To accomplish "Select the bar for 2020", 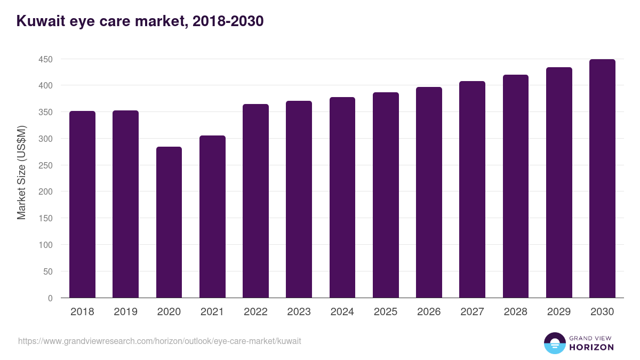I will pyautogui.click(x=169, y=222).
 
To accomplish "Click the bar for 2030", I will pyautogui.click(x=602, y=179).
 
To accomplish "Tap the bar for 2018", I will pyautogui.click(x=82, y=204).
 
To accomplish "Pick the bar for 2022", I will pyautogui.click(x=255, y=201).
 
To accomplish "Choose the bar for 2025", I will pyautogui.click(x=386, y=195).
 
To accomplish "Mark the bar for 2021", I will pyautogui.click(x=212, y=217).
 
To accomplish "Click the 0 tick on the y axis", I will pyautogui.click(x=50, y=298).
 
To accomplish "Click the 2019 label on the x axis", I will pyautogui.click(x=126, y=312).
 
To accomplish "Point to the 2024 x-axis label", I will pyautogui.click(x=342, y=312).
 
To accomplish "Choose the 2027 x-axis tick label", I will pyautogui.click(x=472, y=312).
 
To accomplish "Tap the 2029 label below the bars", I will pyautogui.click(x=559, y=312).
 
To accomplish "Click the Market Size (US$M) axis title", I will pyautogui.click(x=21, y=172).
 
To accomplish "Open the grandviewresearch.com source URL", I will pyautogui.click(x=159, y=341).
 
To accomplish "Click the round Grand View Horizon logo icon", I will pyautogui.click(x=554, y=343).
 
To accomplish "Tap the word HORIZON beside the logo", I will pyautogui.click(x=592, y=347).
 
